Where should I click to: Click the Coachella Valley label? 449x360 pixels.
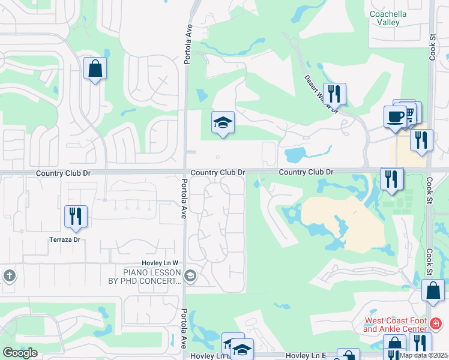point(384,17)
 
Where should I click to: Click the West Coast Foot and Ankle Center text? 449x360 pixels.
point(394,325)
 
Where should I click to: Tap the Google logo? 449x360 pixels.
point(20,353)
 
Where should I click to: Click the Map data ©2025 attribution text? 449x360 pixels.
point(424,355)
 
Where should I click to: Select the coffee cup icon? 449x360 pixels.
point(395,116)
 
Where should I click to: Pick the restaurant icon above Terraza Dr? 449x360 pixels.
point(76,215)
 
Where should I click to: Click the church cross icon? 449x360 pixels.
point(8,275)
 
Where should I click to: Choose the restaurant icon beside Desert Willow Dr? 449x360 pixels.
point(334,93)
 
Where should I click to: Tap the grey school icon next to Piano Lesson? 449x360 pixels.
point(190,276)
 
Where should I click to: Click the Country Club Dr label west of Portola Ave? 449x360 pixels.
point(63,173)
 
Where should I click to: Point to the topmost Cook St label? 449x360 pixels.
point(432,46)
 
